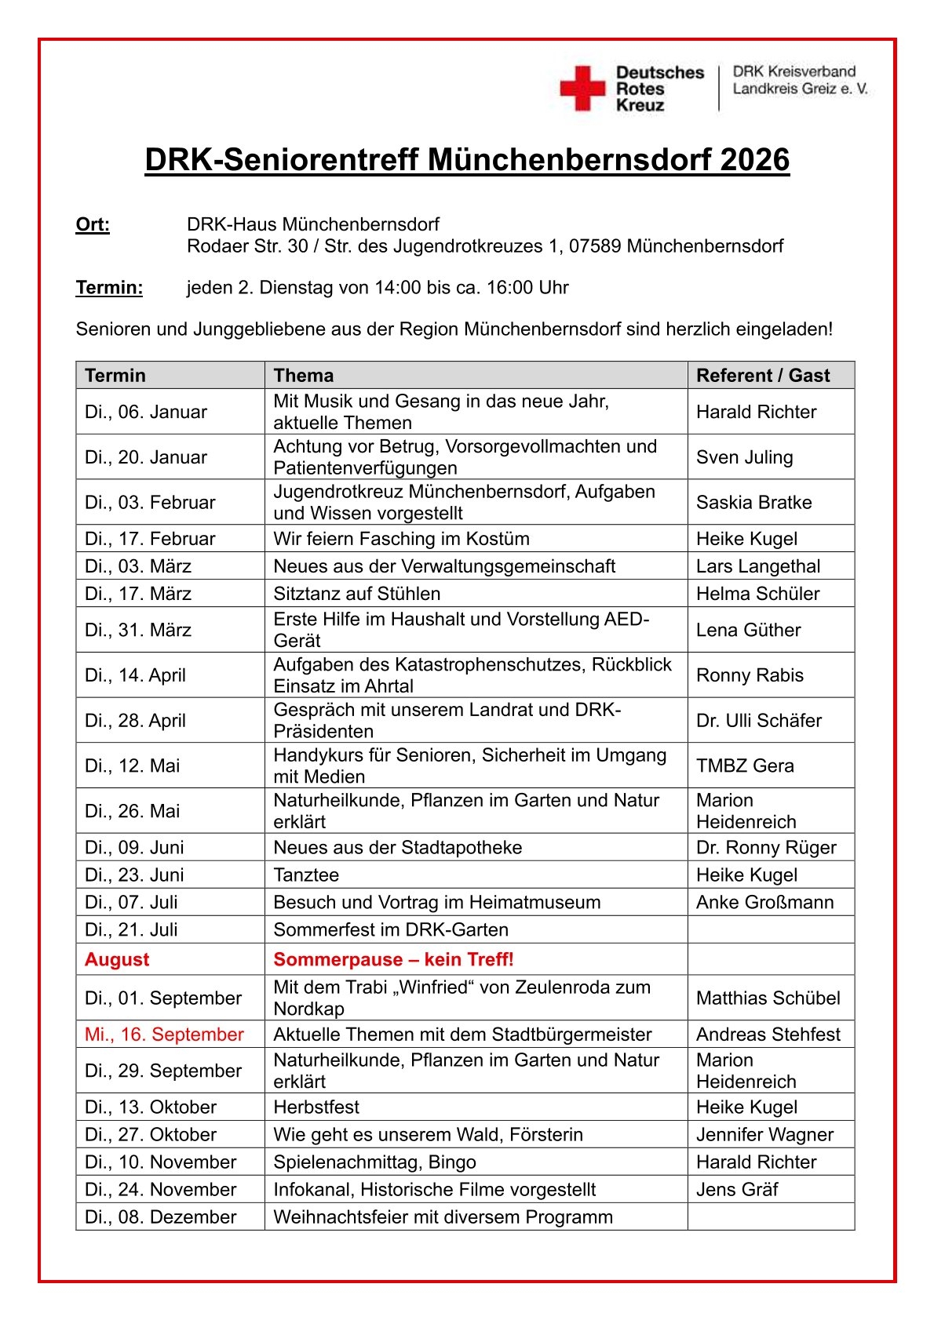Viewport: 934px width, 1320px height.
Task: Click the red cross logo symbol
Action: click(582, 88)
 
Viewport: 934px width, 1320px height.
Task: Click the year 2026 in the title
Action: click(754, 160)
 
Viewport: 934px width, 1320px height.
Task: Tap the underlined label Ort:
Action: click(93, 225)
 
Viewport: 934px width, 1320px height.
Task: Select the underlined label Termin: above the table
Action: click(109, 288)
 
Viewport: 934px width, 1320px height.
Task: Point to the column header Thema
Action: click(303, 376)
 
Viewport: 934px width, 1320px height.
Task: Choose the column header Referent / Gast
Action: click(763, 376)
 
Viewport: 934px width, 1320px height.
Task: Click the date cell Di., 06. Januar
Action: click(146, 412)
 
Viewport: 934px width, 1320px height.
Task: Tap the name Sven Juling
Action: click(744, 457)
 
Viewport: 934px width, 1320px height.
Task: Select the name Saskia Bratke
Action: click(753, 503)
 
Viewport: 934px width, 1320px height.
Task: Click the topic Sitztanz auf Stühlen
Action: click(356, 594)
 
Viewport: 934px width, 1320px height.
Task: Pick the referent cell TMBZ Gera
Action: click(745, 765)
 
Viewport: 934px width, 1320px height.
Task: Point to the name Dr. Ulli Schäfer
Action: click(758, 721)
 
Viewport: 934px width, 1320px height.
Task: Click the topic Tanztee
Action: click(306, 875)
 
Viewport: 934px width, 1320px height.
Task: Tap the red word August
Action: click(117, 960)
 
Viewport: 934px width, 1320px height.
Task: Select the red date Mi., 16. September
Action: click(164, 1035)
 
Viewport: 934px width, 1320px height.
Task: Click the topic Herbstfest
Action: click(316, 1107)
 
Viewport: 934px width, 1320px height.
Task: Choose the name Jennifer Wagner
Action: click(764, 1135)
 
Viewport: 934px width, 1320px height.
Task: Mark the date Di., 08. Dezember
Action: click(160, 1217)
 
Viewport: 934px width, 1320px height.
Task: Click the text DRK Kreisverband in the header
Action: click(794, 71)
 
